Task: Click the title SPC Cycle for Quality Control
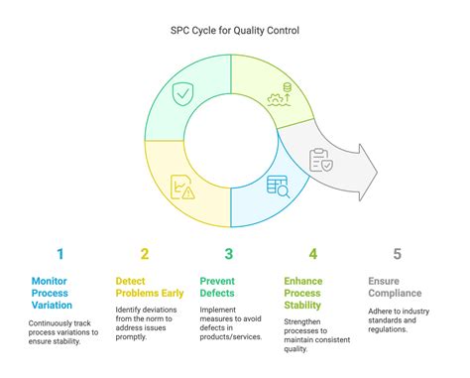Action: coord(234,30)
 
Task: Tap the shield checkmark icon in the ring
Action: coord(182,95)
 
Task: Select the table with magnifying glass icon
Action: coord(277,186)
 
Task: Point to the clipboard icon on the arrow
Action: coord(321,160)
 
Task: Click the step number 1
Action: coord(59,254)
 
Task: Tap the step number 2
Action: coord(145,254)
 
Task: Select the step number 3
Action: coord(229,254)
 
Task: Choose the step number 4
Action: coord(313,254)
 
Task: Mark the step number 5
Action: coord(398,254)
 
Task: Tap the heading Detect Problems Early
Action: coord(150,287)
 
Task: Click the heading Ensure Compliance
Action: coord(398,287)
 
